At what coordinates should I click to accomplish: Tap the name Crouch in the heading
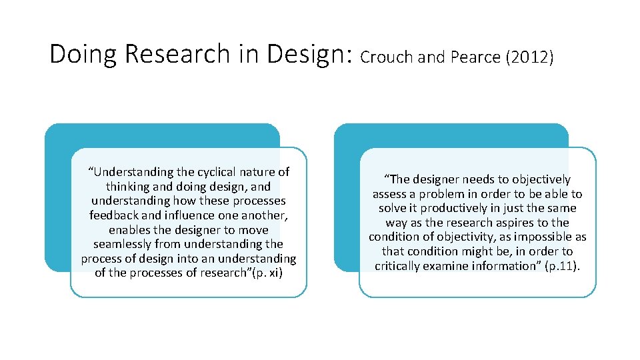click(386, 58)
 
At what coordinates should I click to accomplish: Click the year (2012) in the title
click(530, 58)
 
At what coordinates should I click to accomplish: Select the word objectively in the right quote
click(539, 179)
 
